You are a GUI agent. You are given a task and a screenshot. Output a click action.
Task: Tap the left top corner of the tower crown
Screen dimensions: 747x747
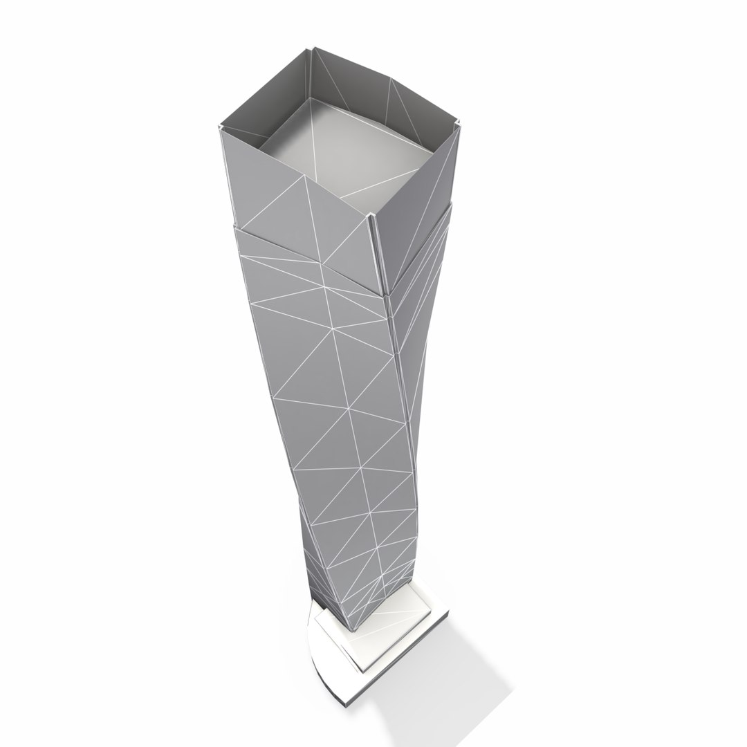(x=221, y=129)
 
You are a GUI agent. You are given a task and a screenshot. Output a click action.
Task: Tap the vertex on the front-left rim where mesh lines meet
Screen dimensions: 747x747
(x=304, y=176)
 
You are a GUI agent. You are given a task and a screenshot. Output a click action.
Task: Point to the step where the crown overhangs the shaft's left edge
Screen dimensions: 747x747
(x=236, y=226)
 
